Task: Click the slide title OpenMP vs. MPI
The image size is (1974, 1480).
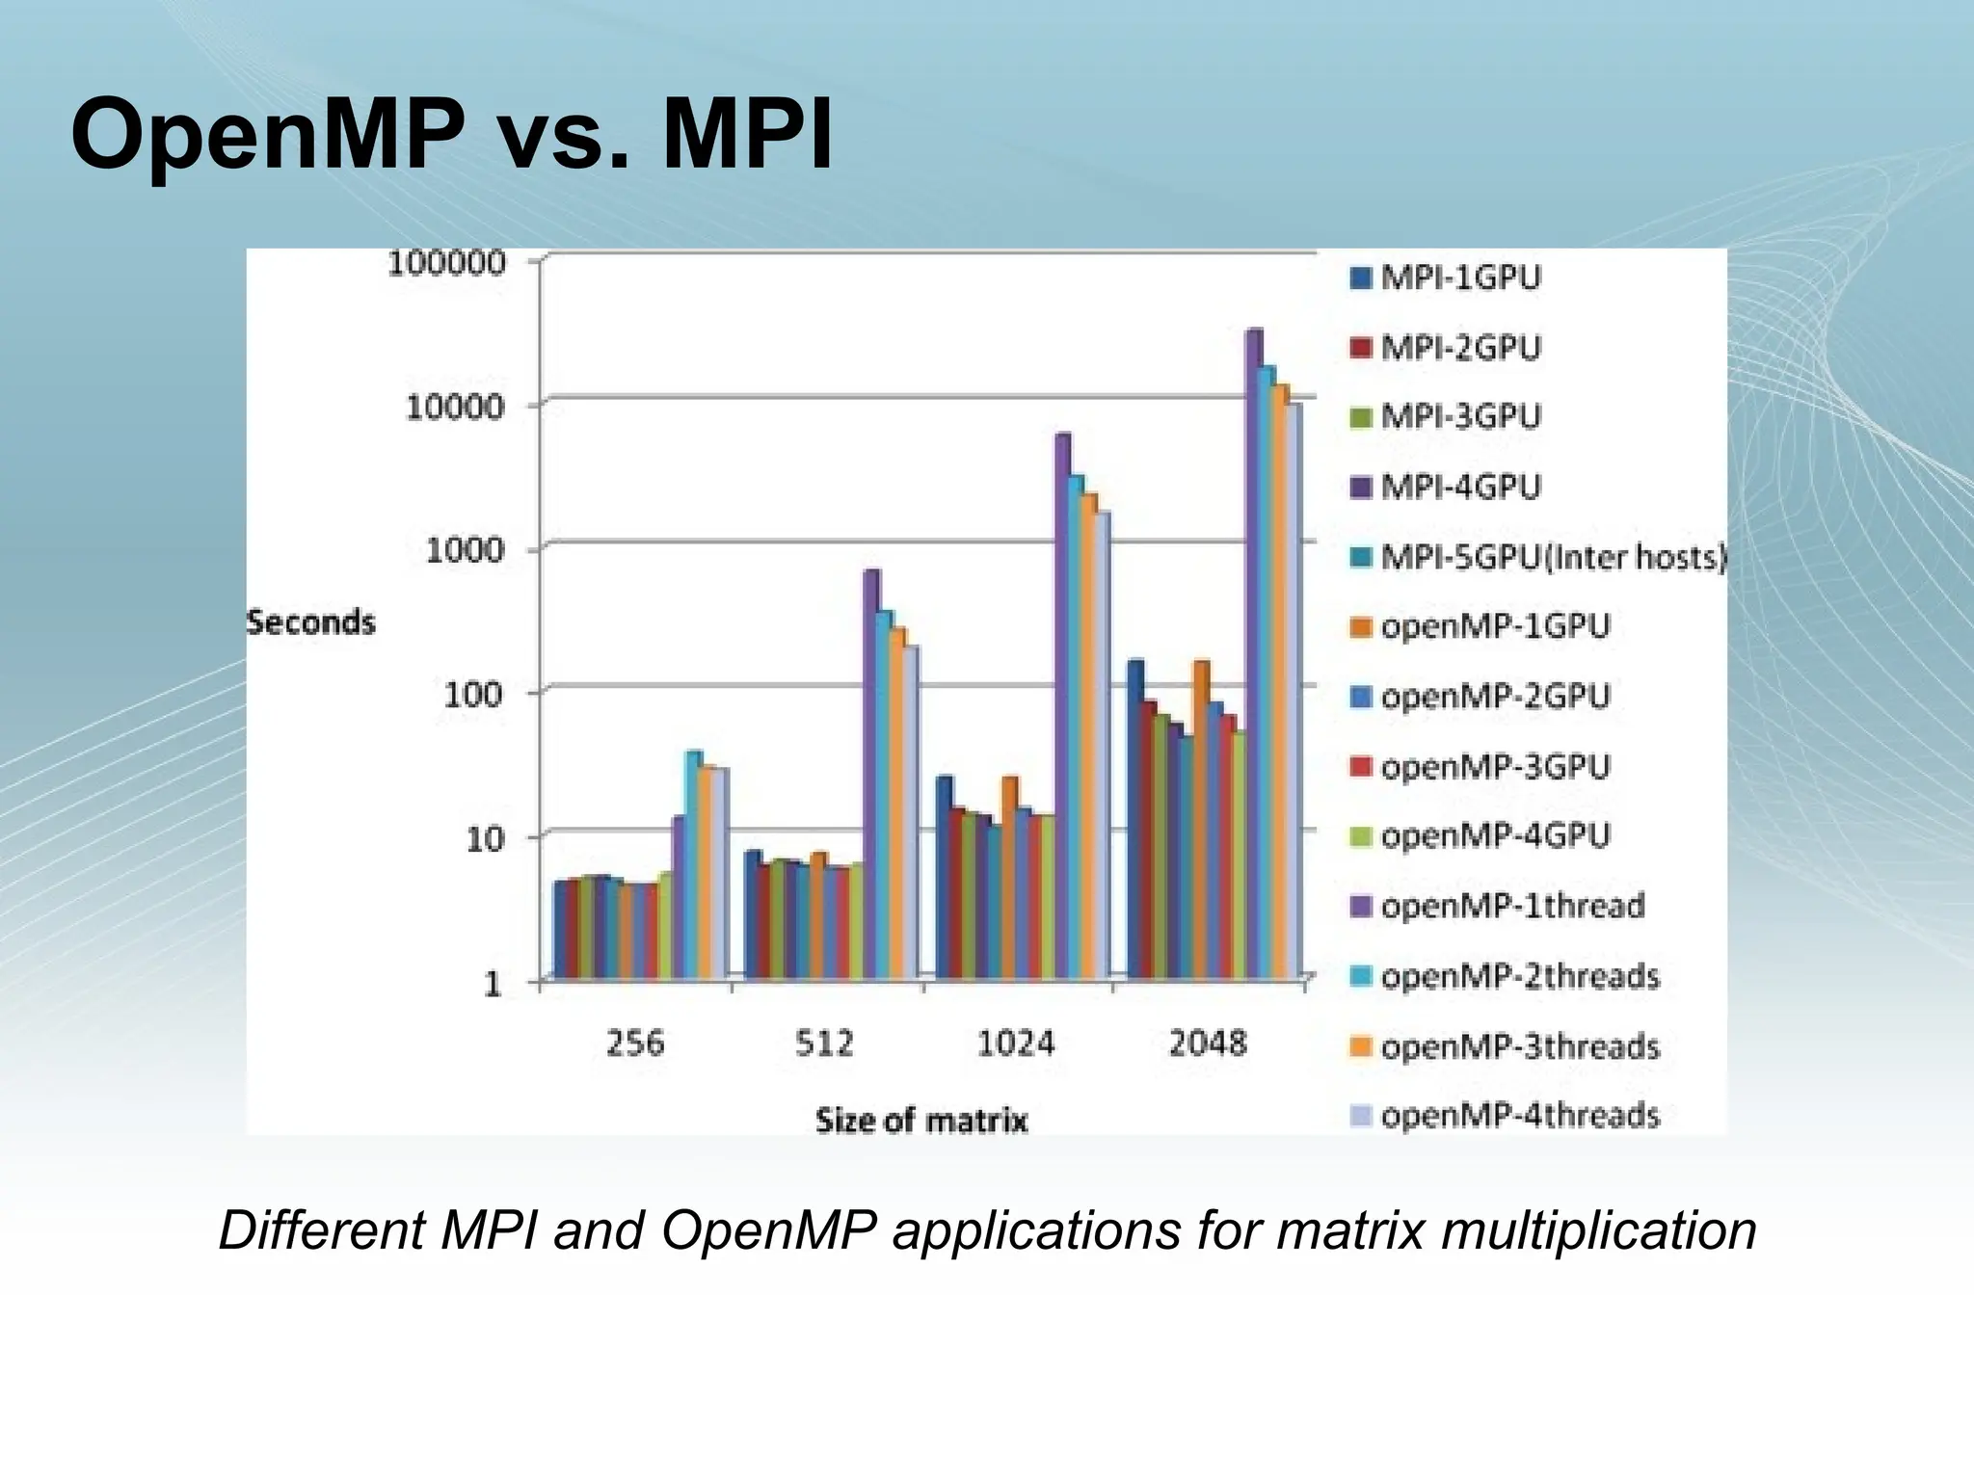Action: click(451, 135)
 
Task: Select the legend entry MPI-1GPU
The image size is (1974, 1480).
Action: click(1459, 277)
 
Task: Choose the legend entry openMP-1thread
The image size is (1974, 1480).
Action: click(1511, 906)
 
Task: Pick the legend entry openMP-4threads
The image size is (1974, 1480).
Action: click(1519, 1116)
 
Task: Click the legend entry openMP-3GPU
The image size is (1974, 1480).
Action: click(1494, 767)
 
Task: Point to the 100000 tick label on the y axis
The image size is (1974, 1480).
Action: click(445, 263)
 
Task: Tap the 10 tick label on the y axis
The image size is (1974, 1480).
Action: click(485, 838)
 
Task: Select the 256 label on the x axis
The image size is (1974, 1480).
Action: click(634, 1043)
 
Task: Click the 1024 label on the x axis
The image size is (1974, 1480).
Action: click(1016, 1043)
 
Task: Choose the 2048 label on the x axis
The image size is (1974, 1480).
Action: click(1207, 1043)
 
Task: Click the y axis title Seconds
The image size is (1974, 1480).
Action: click(310, 622)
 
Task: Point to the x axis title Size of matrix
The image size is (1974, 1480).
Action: click(921, 1121)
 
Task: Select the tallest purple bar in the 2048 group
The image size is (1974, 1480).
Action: click(1253, 655)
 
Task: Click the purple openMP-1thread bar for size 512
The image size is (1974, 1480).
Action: click(870, 771)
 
